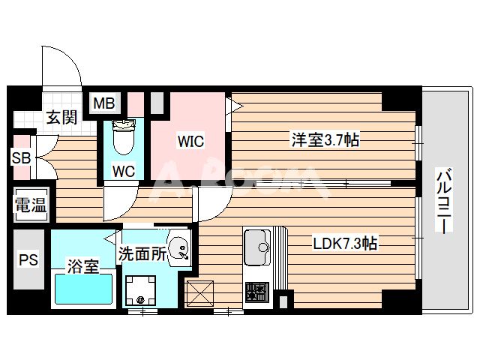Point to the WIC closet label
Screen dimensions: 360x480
coord(190,141)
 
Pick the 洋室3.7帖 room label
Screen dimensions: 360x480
coord(324,140)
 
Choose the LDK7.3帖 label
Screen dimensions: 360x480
coord(344,244)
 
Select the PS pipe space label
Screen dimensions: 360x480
coord(27,261)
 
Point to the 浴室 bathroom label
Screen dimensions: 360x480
coord(83,266)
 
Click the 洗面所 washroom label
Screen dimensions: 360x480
coord(142,254)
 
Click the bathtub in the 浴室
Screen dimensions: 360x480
coord(82,289)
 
